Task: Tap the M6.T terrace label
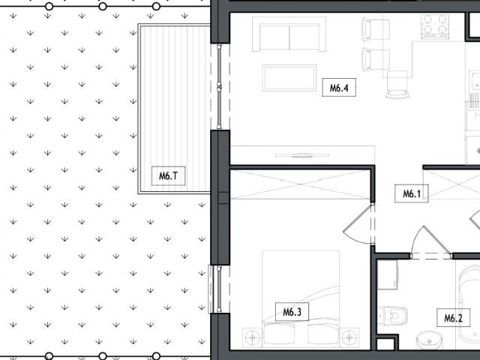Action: click(x=168, y=177)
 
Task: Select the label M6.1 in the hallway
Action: click(x=411, y=194)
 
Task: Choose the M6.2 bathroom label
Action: click(x=453, y=318)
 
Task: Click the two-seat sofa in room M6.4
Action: click(x=289, y=35)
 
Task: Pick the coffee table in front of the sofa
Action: click(x=290, y=77)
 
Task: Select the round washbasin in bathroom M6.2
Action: click(x=427, y=341)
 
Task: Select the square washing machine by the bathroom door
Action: click(x=388, y=275)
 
